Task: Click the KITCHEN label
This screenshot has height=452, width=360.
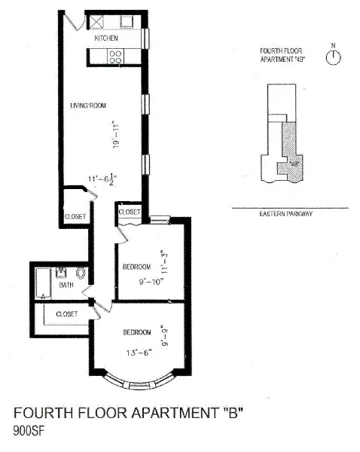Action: point(106,38)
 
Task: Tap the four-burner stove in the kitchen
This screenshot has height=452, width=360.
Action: point(116,55)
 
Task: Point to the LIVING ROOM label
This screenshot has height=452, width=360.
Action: point(86,105)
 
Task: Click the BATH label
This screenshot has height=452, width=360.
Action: point(67,286)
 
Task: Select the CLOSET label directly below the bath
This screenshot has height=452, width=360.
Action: point(67,313)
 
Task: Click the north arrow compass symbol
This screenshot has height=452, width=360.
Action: point(331,57)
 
